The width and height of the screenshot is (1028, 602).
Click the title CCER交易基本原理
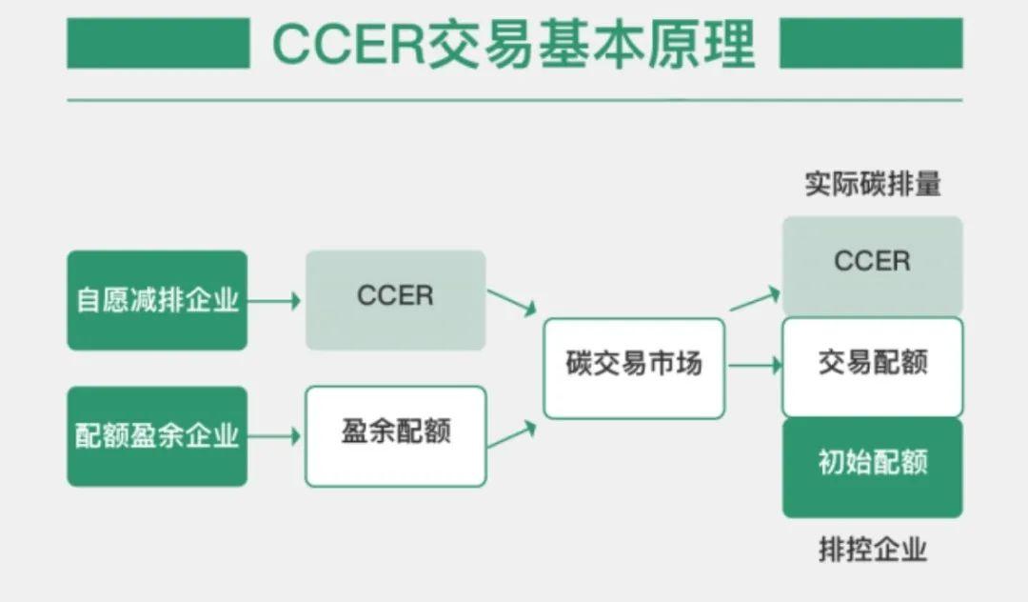click(514, 44)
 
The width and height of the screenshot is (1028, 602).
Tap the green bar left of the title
click(158, 44)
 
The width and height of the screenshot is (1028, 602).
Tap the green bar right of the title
click(870, 44)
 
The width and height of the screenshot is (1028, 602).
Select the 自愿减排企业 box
click(157, 300)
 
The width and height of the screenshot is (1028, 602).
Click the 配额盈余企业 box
click(157, 436)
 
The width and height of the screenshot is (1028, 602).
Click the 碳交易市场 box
click(634, 368)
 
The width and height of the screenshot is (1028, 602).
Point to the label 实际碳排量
click(872, 185)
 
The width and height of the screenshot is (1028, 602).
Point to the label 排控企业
click(872, 550)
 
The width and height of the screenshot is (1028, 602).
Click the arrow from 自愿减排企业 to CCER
click(275, 301)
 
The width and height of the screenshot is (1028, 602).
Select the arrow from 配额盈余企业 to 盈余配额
click(275, 436)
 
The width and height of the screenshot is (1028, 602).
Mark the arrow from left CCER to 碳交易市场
click(512, 303)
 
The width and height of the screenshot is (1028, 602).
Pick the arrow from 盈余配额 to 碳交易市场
click(512, 435)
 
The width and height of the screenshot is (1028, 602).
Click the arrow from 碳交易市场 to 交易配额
click(754, 364)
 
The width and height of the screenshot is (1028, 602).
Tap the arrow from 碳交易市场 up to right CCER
click(755, 300)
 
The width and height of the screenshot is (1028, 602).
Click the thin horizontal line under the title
click(514, 100)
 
